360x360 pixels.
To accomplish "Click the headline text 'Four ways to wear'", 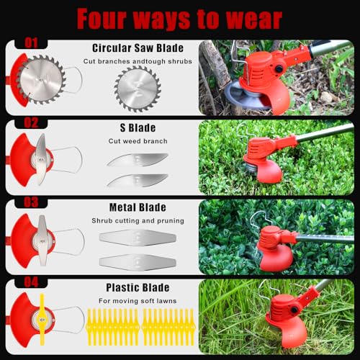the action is [x=179, y=19].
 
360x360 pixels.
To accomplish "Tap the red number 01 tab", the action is [x=31, y=43].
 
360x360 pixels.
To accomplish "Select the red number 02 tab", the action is [x=31, y=122].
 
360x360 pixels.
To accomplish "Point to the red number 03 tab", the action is [x=31, y=202].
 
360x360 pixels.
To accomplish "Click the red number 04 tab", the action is [x=31, y=282].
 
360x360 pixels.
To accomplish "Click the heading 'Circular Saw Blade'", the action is [x=138, y=48].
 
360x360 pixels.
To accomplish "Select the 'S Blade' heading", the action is [x=138, y=127].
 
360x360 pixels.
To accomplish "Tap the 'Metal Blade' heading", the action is [x=138, y=207].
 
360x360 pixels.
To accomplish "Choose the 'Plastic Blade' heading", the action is [x=138, y=287].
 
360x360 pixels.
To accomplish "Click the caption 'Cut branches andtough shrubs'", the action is [x=138, y=61].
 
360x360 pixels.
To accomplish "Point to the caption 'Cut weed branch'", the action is [x=138, y=141].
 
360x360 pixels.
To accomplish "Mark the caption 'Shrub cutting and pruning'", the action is [x=138, y=221].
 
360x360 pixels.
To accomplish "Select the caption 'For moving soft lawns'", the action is [x=138, y=301].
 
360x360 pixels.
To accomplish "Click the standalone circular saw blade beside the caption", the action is [x=138, y=89].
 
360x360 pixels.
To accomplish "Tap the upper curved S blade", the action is [x=138, y=160].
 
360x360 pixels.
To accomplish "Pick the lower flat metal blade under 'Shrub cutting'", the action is [x=138, y=262].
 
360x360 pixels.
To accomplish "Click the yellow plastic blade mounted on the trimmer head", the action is [x=42, y=319].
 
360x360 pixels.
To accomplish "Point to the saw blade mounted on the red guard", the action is [x=41, y=80].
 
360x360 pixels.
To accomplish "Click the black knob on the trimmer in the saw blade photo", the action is [x=279, y=69].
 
